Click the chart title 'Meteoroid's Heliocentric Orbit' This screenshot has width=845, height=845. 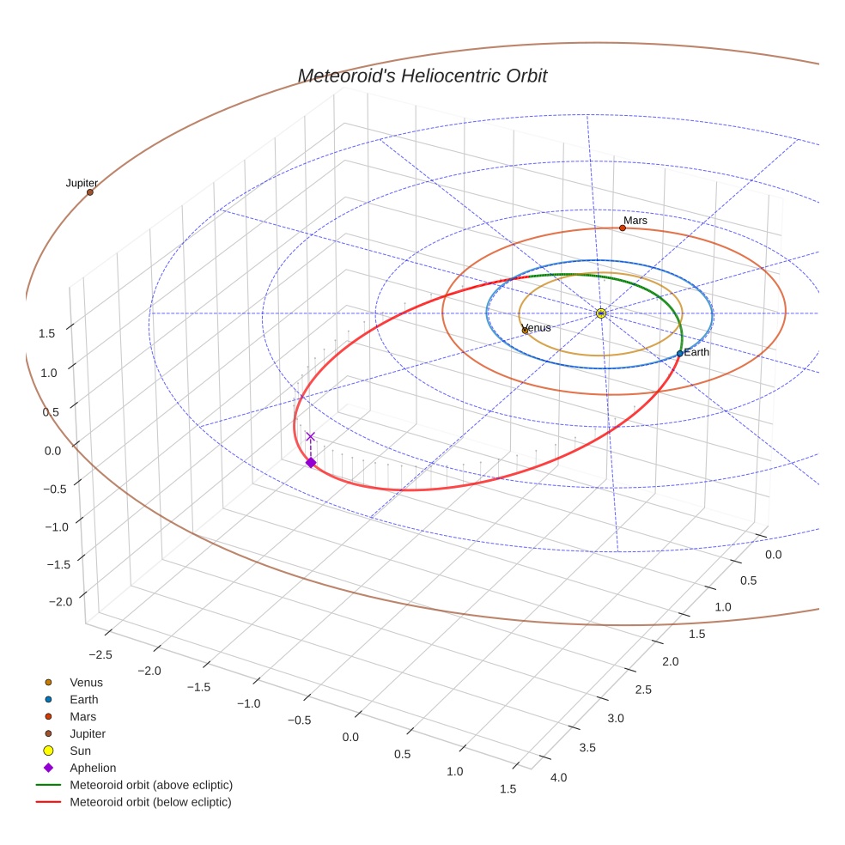click(x=422, y=76)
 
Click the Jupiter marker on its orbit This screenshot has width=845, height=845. click(x=89, y=192)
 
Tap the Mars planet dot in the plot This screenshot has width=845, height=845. click(x=623, y=228)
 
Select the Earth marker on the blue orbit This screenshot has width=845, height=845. click(x=679, y=353)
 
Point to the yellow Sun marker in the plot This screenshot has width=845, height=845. click(x=601, y=313)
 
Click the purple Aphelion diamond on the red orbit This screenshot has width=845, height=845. click(x=311, y=463)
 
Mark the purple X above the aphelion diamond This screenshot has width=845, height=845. click(x=311, y=436)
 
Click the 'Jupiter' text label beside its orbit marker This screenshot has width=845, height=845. click(x=82, y=183)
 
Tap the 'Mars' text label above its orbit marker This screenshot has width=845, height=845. click(x=635, y=221)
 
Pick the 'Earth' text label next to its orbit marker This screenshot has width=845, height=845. click(x=696, y=352)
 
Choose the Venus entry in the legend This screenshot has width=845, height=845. click(x=86, y=683)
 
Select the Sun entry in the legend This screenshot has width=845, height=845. click(x=80, y=751)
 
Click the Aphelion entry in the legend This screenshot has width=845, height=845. click(x=92, y=769)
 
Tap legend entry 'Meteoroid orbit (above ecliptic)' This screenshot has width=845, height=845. click(x=150, y=786)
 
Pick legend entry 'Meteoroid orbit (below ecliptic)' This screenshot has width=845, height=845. click(x=150, y=803)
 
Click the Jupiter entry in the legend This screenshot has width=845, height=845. click(x=87, y=734)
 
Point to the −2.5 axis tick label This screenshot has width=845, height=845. click(x=100, y=655)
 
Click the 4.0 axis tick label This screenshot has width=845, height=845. click(x=558, y=778)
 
